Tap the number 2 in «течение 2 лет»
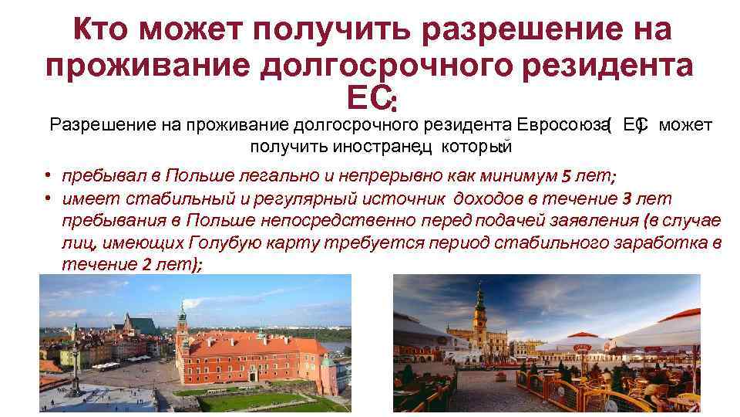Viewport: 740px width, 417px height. (147, 265)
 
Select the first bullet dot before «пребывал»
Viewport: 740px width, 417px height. (48, 175)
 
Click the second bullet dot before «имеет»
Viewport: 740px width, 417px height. (48, 199)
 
